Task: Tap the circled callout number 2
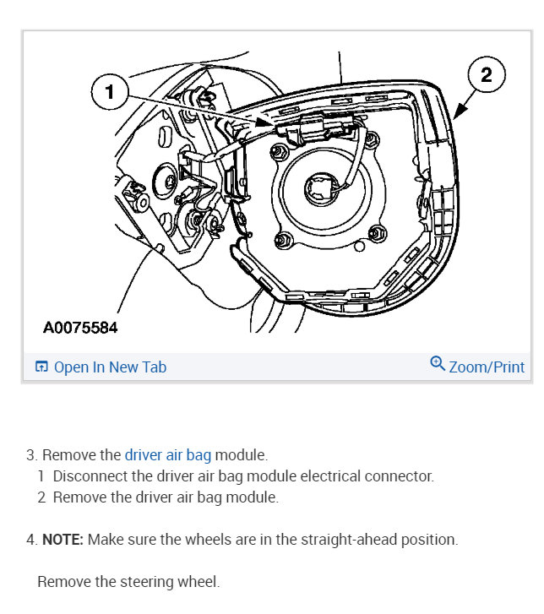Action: pos(486,74)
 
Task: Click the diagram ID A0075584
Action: pos(80,327)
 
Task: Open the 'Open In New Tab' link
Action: pos(110,367)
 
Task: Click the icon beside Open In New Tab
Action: pos(41,367)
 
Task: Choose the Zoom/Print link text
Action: pos(486,367)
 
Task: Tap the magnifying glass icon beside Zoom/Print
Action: pos(437,364)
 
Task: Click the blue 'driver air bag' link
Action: pos(167,455)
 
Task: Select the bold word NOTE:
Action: pos(63,539)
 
